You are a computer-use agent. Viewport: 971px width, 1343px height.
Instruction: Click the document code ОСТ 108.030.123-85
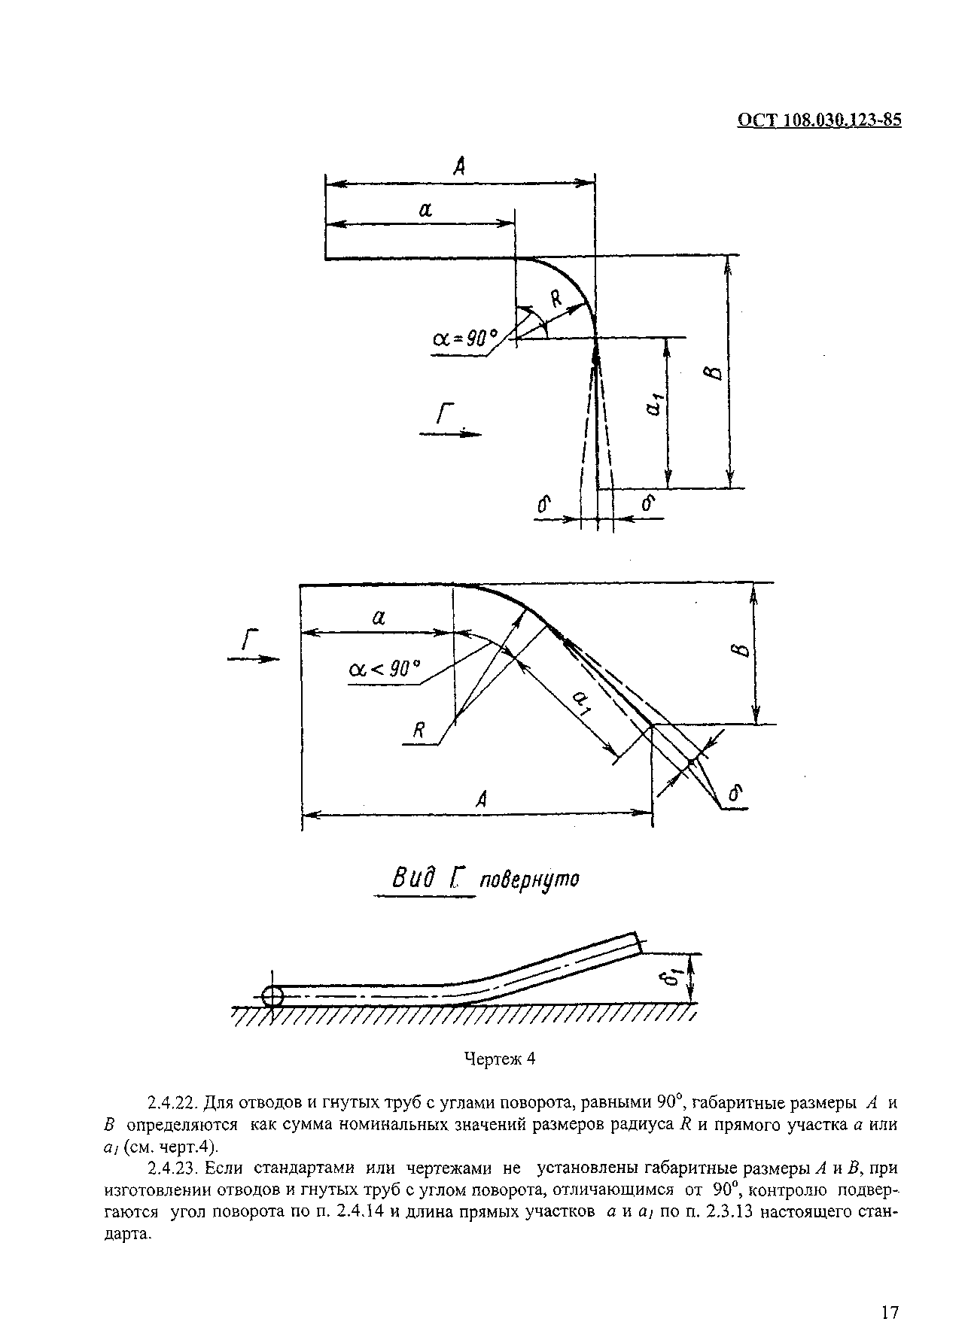[818, 121]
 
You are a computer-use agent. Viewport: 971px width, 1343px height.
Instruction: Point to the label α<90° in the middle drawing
[384, 668]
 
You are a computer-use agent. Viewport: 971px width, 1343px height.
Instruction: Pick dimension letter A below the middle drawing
[482, 799]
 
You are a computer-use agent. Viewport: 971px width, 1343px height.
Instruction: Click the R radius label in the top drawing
[556, 299]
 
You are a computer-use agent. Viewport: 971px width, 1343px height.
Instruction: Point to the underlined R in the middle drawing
[419, 731]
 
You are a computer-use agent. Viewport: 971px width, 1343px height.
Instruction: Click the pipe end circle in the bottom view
[272, 997]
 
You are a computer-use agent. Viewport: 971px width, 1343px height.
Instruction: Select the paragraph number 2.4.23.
[173, 1169]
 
